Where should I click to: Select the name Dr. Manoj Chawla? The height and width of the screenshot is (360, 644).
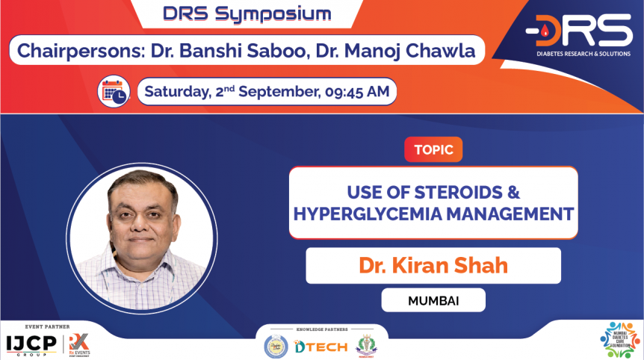coord(407,52)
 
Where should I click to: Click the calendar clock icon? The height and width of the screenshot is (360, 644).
coord(114,91)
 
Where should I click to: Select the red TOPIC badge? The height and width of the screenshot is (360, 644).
coord(433,149)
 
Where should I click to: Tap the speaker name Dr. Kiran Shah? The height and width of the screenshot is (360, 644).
coord(433,265)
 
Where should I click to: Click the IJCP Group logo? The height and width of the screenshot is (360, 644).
coord(32,344)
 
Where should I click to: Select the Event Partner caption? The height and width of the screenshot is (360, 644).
coord(47,327)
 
